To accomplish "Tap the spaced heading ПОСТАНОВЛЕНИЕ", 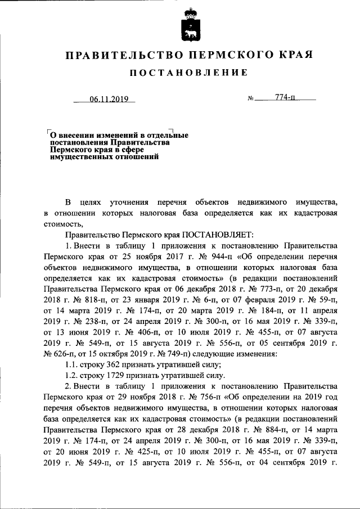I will pos(189,73).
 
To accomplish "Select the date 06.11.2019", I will pos(109,100).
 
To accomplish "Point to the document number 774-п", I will pos(286,98).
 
